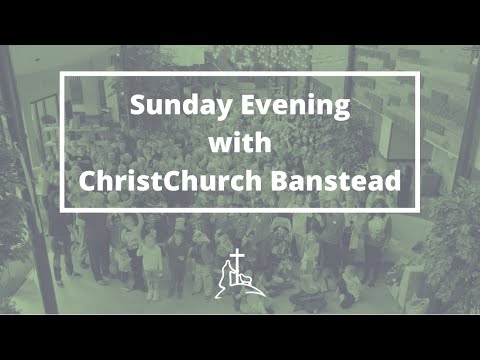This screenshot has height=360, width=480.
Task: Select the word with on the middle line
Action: [240, 145]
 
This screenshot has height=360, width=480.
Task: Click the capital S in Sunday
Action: [137, 107]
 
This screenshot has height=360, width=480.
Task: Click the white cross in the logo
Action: [237, 264]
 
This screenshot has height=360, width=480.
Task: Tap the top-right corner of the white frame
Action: [417, 73]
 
